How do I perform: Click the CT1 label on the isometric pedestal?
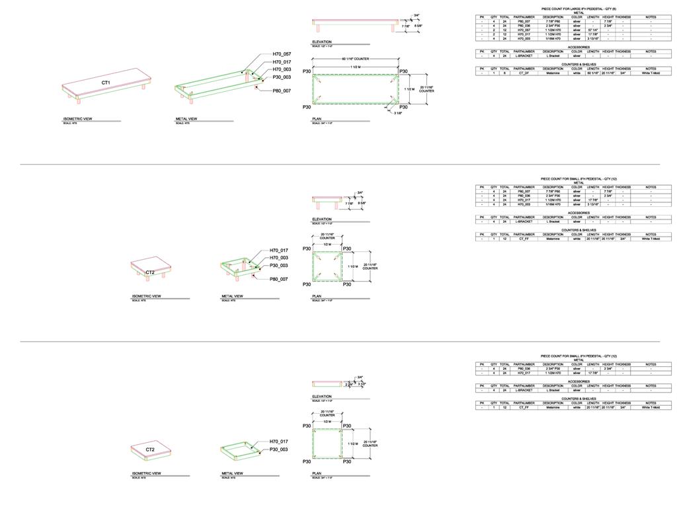106,82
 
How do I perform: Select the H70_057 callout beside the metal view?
282,54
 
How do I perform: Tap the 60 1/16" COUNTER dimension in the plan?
356,59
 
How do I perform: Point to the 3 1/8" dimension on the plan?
398,113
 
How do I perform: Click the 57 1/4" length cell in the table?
593,30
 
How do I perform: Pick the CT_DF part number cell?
524,73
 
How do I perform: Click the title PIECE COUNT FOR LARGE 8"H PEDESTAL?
578,9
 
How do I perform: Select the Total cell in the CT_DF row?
504,73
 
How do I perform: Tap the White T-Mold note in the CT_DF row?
651,73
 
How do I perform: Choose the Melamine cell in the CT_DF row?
553,73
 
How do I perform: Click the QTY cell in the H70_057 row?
494,30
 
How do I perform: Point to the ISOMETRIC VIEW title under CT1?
77,119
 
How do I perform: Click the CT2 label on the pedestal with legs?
150,272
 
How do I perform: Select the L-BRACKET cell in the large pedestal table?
524,56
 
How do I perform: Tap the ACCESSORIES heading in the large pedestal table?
578,48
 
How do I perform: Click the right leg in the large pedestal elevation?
393,29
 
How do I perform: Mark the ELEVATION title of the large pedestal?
322,42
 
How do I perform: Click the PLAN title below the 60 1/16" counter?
317,119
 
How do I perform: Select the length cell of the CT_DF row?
593,73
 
